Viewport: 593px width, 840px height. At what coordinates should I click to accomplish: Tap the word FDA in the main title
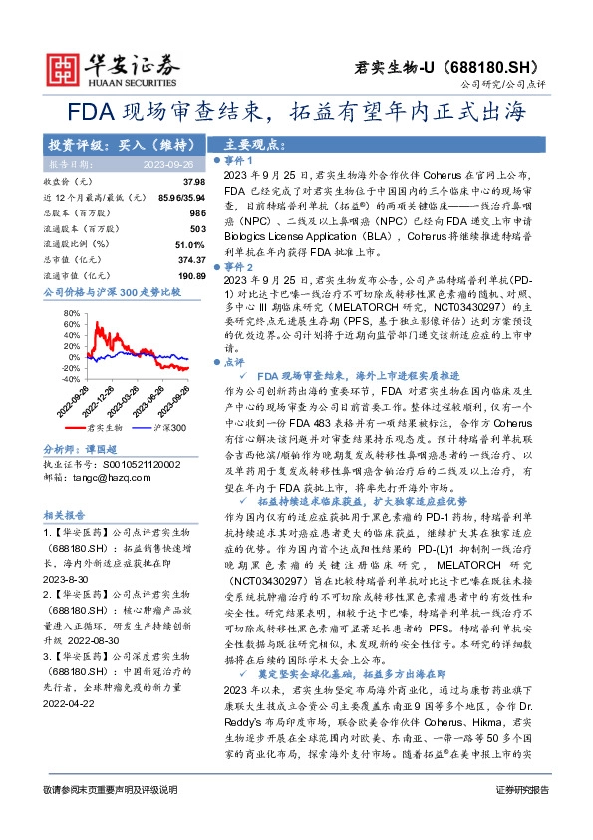coord(89,112)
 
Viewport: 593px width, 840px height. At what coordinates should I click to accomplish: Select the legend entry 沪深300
coord(171,426)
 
